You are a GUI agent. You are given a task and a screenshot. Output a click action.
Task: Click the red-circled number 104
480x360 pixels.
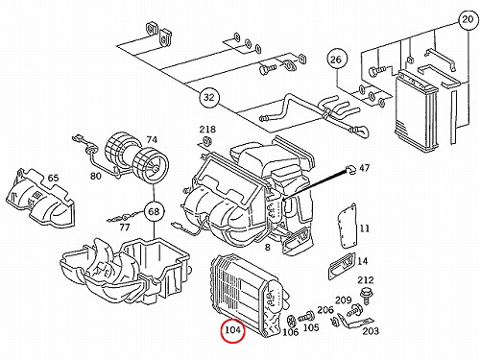tap(232, 330)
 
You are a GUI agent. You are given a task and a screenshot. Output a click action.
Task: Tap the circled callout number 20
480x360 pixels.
tap(468, 19)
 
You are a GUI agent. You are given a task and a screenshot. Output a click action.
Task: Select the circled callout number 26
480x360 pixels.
tap(337, 60)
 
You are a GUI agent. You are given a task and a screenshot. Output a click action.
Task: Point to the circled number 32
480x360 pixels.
tap(208, 97)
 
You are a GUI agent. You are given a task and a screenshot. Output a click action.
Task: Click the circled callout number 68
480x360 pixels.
tap(154, 211)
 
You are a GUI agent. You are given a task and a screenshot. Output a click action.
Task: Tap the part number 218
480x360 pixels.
tap(207, 130)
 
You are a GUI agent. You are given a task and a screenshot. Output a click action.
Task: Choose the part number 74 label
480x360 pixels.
tap(152, 139)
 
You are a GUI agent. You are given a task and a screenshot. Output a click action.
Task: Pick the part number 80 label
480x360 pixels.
tap(96, 176)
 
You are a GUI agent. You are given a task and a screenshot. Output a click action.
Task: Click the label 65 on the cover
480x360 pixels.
tap(53, 178)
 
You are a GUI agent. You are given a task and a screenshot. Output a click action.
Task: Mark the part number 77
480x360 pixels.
tap(125, 228)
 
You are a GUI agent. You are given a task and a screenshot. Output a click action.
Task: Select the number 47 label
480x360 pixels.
tap(365, 168)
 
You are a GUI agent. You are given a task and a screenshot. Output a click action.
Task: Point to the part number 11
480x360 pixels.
tap(365, 228)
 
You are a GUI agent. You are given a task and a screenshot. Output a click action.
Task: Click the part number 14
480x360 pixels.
tap(362, 261)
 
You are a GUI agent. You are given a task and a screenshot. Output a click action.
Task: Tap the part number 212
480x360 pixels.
tap(366, 280)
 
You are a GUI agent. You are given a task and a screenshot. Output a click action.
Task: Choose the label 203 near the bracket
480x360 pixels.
tap(371, 331)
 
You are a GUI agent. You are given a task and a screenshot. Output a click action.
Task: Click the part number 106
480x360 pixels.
tap(290, 332)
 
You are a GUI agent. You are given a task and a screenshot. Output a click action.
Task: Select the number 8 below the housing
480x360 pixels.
tap(268, 248)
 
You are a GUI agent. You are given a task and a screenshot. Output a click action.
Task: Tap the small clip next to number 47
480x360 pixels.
tap(349, 170)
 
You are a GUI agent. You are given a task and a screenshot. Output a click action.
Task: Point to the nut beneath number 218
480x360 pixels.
tap(207, 141)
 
